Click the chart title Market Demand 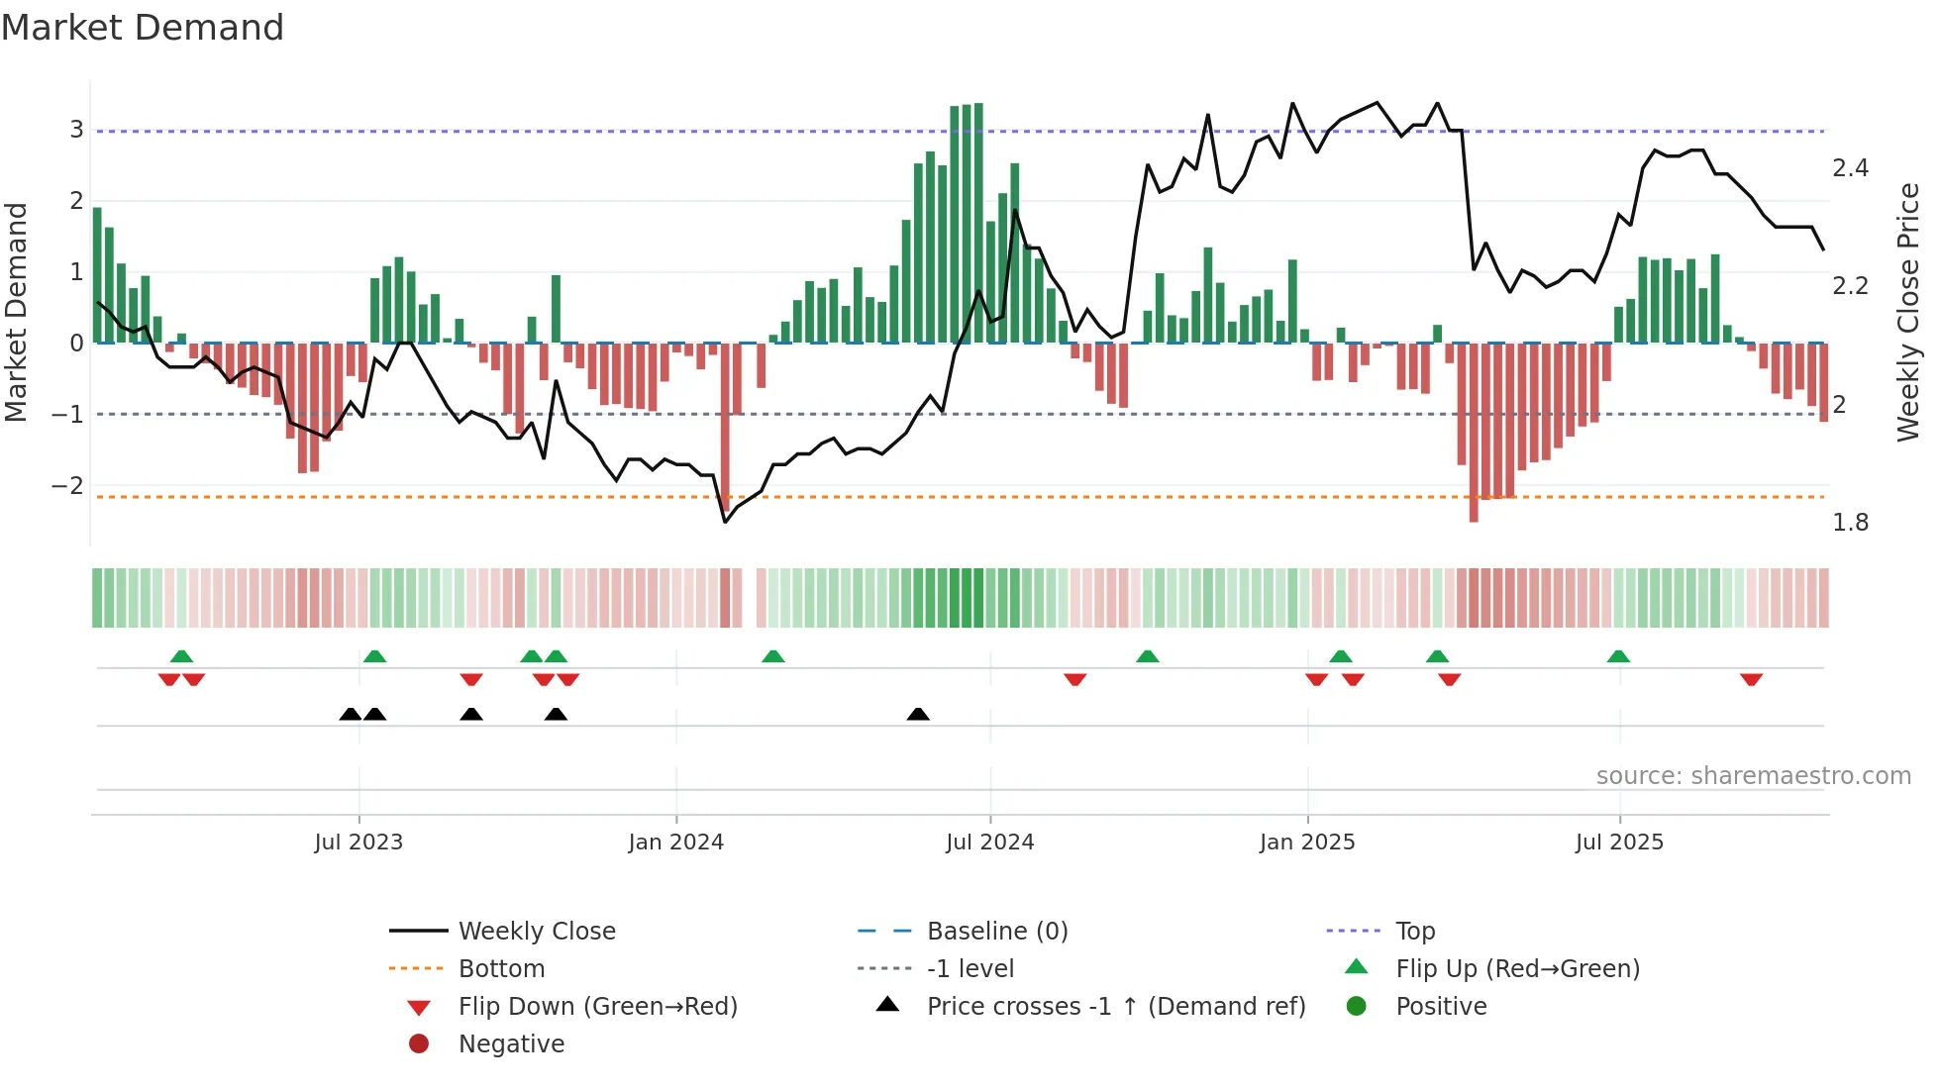coord(143,27)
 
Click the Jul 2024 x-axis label coord(989,843)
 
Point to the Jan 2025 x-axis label coord(1306,843)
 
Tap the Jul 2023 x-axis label coord(358,843)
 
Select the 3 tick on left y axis coord(76,130)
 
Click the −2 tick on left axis coord(67,486)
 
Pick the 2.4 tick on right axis coord(1850,168)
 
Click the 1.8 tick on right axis coord(1850,523)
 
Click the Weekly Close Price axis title coord(1907,312)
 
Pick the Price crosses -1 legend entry coord(1115,1007)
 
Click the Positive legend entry coord(1440,1007)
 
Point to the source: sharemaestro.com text coord(1753,776)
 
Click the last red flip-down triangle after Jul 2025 coord(1751,679)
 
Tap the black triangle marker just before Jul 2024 coord(918,714)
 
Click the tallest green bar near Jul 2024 coord(978,223)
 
